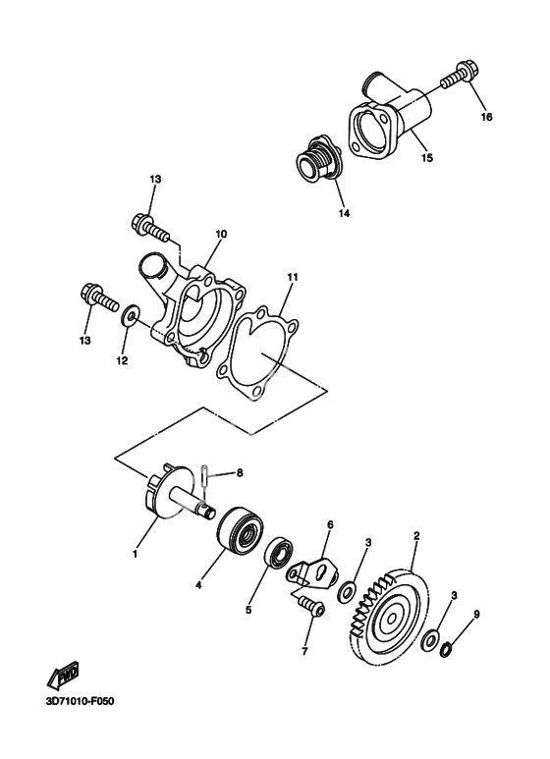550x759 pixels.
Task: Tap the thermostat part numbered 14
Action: coord(319,161)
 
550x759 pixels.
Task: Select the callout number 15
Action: coord(426,158)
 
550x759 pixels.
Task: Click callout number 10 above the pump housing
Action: coord(221,234)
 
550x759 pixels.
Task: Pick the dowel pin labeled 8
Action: coord(204,476)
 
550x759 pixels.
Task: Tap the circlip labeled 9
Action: coord(446,649)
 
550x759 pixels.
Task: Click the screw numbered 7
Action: coord(309,606)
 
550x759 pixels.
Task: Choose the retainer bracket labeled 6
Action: coord(313,571)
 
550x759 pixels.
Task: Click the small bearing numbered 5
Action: coord(280,552)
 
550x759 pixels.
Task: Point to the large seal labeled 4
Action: coord(240,529)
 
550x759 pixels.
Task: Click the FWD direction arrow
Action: coord(64,677)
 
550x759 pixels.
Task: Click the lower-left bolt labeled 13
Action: coord(98,298)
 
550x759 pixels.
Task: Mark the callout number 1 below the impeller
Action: coord(136,554)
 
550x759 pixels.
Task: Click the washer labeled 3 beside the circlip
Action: coord(430,638)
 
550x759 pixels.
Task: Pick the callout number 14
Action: coord(344,213)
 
